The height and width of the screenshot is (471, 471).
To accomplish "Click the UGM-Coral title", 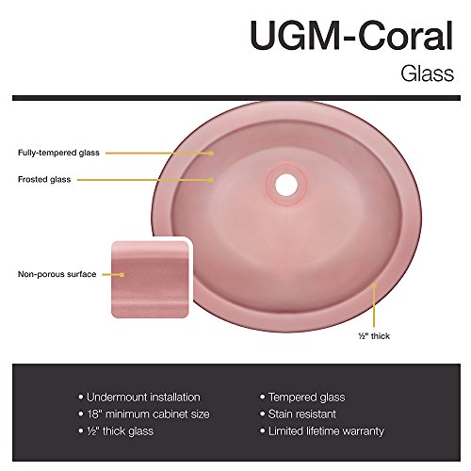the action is [351, 36].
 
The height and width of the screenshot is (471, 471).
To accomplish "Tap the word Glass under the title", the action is [427, 73].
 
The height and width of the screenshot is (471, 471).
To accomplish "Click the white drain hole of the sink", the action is [286, 185].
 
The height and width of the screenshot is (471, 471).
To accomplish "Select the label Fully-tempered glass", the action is [58, 153].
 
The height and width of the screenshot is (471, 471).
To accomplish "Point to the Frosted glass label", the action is [44, 179].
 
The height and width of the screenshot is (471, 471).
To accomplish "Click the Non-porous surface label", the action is [57, 274].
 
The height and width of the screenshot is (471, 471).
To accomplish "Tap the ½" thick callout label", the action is [374, 336].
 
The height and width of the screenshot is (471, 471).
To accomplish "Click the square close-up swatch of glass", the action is [150, 279].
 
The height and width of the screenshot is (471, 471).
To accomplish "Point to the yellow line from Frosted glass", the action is [146, 180].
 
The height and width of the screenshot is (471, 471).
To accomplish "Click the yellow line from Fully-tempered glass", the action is [160, 154].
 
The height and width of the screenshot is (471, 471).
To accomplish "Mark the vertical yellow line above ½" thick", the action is [374, 305].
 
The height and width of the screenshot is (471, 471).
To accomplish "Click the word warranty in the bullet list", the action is [363, 431].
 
